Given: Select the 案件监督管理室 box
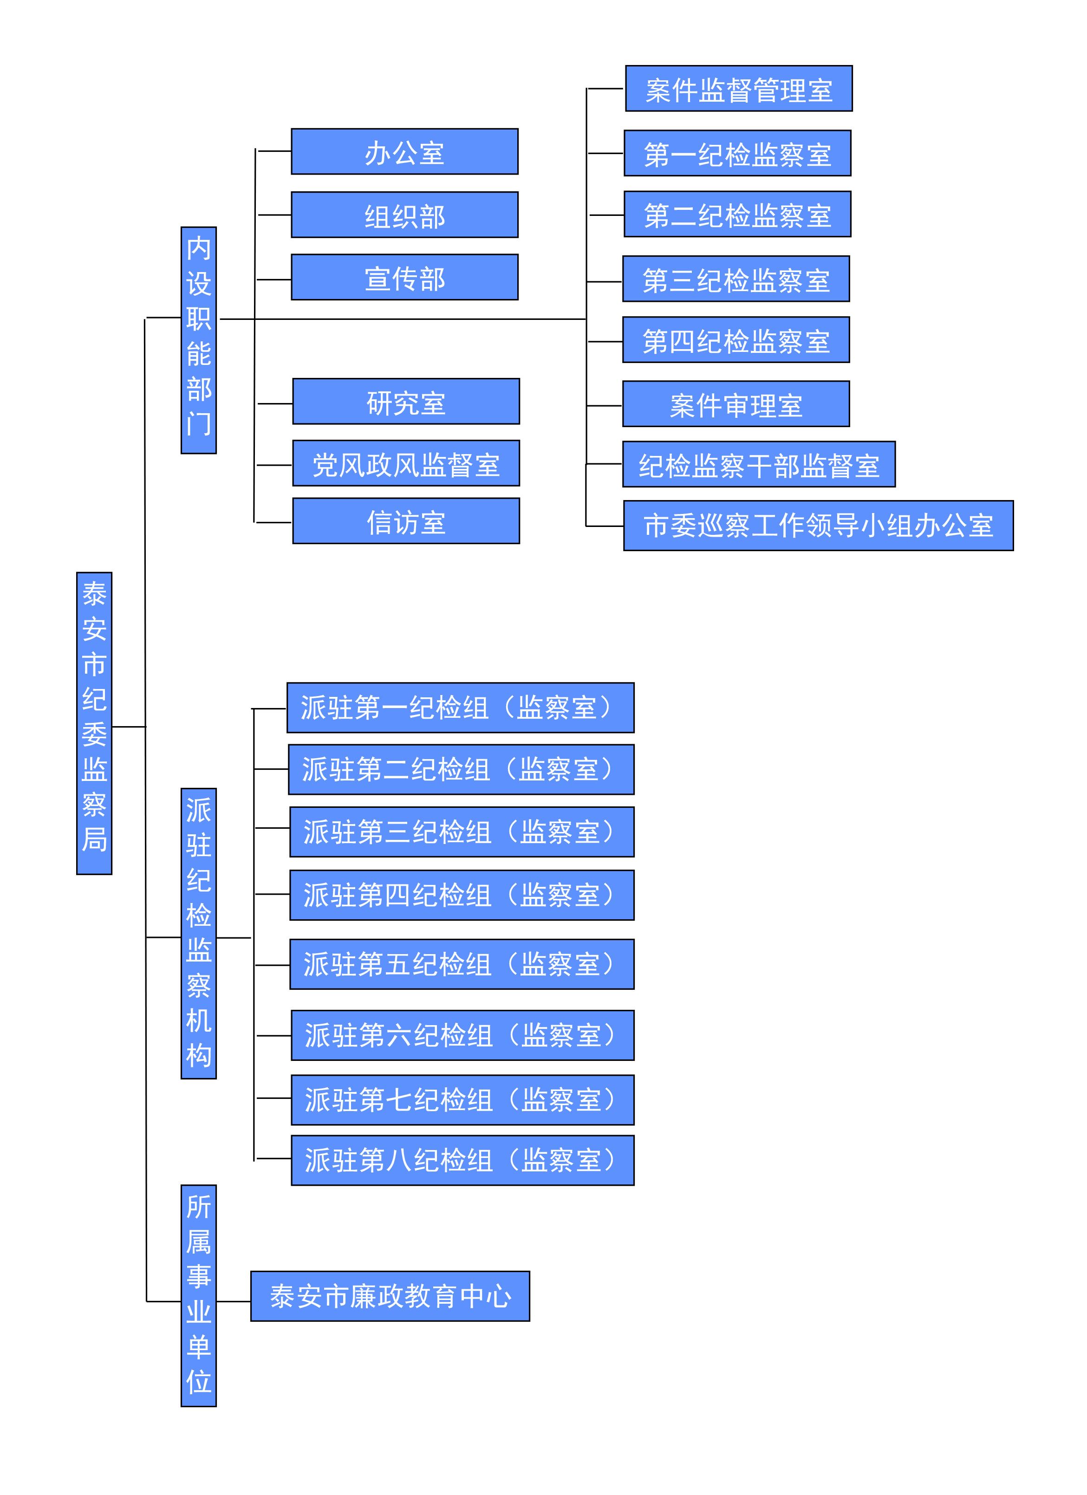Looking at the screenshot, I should (738, 88).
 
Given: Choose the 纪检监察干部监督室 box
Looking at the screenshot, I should (758, 465).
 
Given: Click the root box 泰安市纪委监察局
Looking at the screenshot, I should (94, 723).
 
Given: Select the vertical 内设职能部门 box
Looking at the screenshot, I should (198, 340).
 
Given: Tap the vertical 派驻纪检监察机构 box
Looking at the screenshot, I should (198, 933).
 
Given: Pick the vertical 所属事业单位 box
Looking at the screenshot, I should (198, 1295).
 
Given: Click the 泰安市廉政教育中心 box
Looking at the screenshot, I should (390, 1296).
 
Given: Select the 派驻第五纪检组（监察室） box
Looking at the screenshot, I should (462, 964).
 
